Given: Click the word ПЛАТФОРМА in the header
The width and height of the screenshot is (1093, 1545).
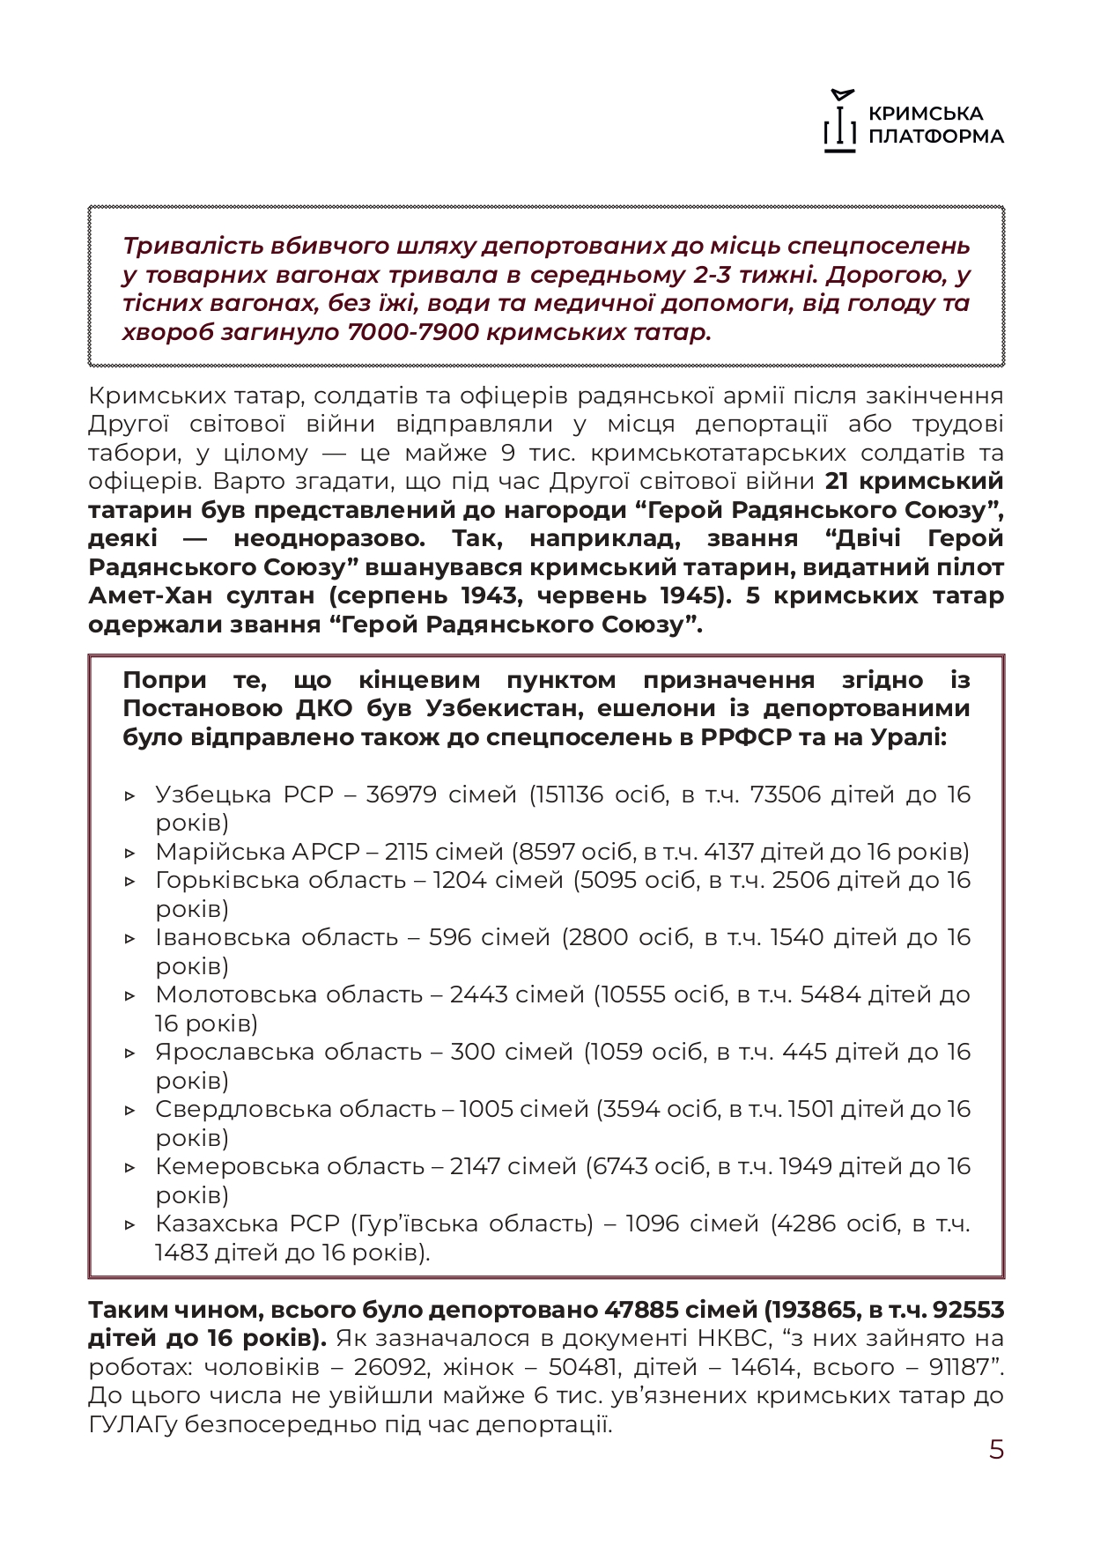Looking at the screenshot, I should point(935,137).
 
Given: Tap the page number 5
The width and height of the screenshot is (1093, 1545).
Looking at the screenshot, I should point(996,1450).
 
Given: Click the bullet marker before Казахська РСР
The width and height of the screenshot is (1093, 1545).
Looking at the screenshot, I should point(130,1224).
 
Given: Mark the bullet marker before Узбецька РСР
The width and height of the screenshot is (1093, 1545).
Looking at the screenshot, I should point(130,795).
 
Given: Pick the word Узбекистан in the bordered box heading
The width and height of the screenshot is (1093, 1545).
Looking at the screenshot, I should point(497,708).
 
